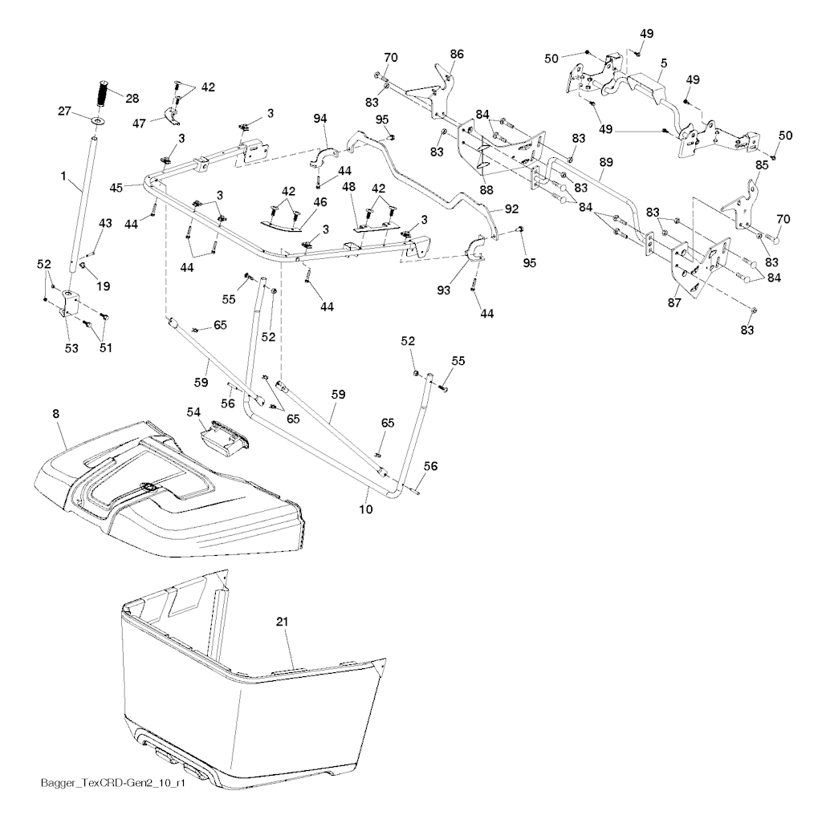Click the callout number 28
click(133, 99)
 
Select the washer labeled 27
click(98, 121)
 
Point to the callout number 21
click(282, 622)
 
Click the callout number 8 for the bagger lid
click(56, 414)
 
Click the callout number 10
click(366, 509)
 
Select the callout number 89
click(606, 162)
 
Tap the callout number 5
click(664, 63)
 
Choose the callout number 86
click(457, 54)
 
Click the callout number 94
click(319, 119)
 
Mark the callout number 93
click(443, 290)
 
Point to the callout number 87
click(674, 302)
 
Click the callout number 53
click(71, 348)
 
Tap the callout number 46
click(319, 201)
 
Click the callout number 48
click(348, 186)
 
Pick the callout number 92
click(511, 209)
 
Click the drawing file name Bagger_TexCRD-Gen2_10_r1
click(113, 797)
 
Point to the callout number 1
click(63, 176)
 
